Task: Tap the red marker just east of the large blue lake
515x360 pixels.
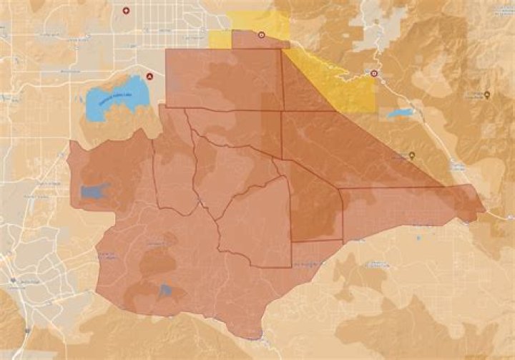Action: (x=149, y=75)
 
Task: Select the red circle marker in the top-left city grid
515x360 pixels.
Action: (x=127, y=11)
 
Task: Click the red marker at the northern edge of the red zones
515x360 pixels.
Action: (x=261, y=34)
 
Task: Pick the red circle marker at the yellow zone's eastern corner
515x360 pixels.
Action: (x=373, y=73)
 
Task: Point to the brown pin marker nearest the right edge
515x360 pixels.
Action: (x=487, y=94)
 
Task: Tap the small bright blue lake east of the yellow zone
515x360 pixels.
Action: (x=399, y=113)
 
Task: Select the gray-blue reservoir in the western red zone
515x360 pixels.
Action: (x=94, y=191)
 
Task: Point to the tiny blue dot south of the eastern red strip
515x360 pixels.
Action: (x=418, y=237)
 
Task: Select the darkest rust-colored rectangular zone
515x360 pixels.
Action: (x=315, y=208)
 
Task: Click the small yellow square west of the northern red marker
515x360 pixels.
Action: (x=220, y=39)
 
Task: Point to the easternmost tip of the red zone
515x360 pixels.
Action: (x=485, y=211)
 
